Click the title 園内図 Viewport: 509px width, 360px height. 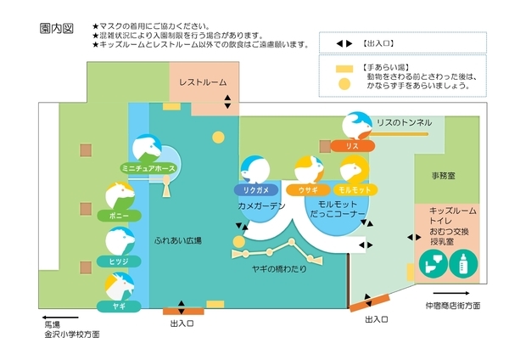click(56, 28)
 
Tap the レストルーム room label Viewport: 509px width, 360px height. click(202, 82)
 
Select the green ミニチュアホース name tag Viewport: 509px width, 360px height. click(149, 168)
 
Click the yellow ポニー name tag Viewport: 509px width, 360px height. click(120, 216)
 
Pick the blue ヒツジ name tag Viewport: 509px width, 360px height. click(120, 260)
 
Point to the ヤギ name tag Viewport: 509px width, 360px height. click(120, 304)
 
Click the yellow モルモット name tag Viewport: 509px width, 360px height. click(352, 189)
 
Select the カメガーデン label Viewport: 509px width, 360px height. click(261, 206)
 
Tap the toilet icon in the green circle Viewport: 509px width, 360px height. click(432, 265)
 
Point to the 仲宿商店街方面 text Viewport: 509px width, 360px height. click(452, 305)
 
